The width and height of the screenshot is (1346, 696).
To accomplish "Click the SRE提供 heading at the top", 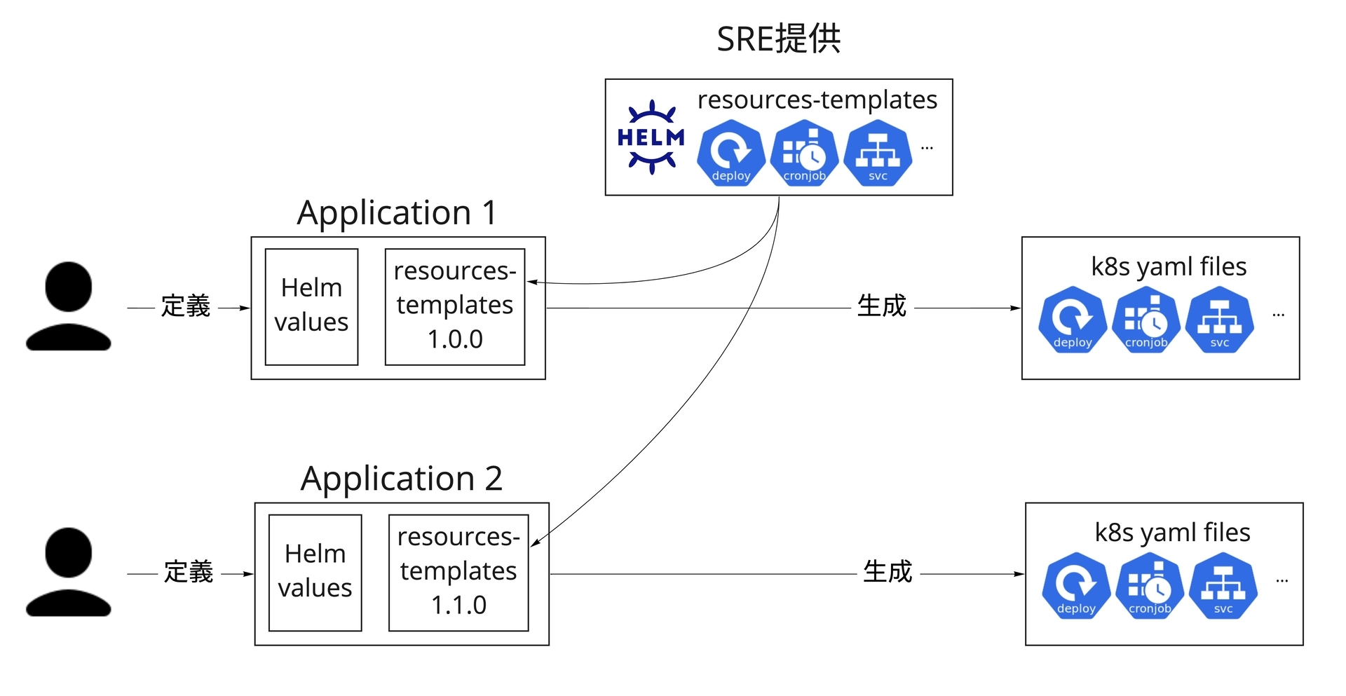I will (778, 39).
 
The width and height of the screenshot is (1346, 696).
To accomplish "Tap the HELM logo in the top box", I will (651, 137).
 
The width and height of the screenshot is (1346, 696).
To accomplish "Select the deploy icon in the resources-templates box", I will (730, 153).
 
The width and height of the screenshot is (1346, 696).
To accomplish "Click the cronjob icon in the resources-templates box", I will (804, 153).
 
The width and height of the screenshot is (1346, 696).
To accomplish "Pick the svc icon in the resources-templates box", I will (878, 153).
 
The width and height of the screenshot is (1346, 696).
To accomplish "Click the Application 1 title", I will (397, 212).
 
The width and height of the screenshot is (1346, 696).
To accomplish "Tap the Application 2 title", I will (401, 479).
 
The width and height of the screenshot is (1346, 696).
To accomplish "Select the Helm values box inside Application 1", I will (311, 306).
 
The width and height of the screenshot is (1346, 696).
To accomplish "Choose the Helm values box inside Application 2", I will (315, 572).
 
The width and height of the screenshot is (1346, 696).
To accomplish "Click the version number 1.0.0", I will (455, 339).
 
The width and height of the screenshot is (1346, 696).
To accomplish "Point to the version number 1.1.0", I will (458, 605).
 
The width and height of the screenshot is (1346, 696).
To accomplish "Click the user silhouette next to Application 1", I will (69, 306).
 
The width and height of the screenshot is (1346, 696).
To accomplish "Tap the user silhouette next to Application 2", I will (69, 572).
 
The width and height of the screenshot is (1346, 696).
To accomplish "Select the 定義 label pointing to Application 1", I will (186, 306).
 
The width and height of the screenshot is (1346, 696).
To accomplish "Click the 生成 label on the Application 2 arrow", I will (888, 572).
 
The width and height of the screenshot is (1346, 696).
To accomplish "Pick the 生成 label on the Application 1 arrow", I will (882, 306).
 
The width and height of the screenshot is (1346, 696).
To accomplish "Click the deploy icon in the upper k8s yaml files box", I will (1073, 320).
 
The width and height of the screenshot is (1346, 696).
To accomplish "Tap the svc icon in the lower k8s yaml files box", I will (1223, 586).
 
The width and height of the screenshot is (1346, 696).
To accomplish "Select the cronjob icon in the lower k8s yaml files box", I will (1150, 586).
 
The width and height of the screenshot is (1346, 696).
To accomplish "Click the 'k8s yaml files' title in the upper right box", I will (1169, 266).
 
